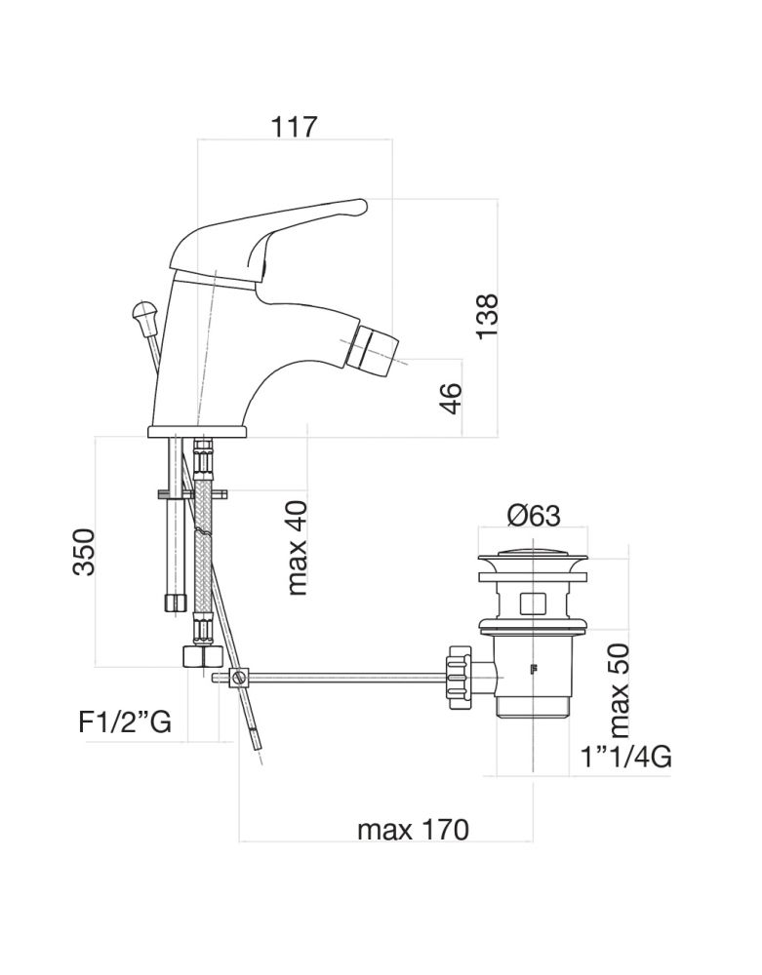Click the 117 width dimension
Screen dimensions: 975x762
pyautogui.click(x=295, y=126)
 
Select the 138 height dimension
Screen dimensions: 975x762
pyautogui.click(x=487, y=316)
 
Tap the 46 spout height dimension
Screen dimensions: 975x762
pyautogui.click(x=451, y=398)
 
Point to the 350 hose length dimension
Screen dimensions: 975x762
pyautogui.click(x=84, y=552)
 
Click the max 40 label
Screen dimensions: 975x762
pyautogui.click(x=298, y=547)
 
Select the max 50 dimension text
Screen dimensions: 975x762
pyautogui.click(x=619, y=690)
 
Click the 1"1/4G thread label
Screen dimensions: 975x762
pyautogui.click(x=625, y=757)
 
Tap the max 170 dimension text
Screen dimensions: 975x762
pyautogui.click(x=413, y=831)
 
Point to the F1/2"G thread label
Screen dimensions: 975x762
pyautogui.click(x=125, y=722)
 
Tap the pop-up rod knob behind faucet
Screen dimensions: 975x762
pyautogui.click(x=143, y=315)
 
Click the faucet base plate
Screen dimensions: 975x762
pyautogui.click(x=197, y=430)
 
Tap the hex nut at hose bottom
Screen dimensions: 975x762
pyautogui.click(x=200, y=655)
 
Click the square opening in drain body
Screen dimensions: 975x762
pyautogui.click(x=533, y=602)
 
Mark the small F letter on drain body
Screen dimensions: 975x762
pyautogui.click(x=533, y=669)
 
